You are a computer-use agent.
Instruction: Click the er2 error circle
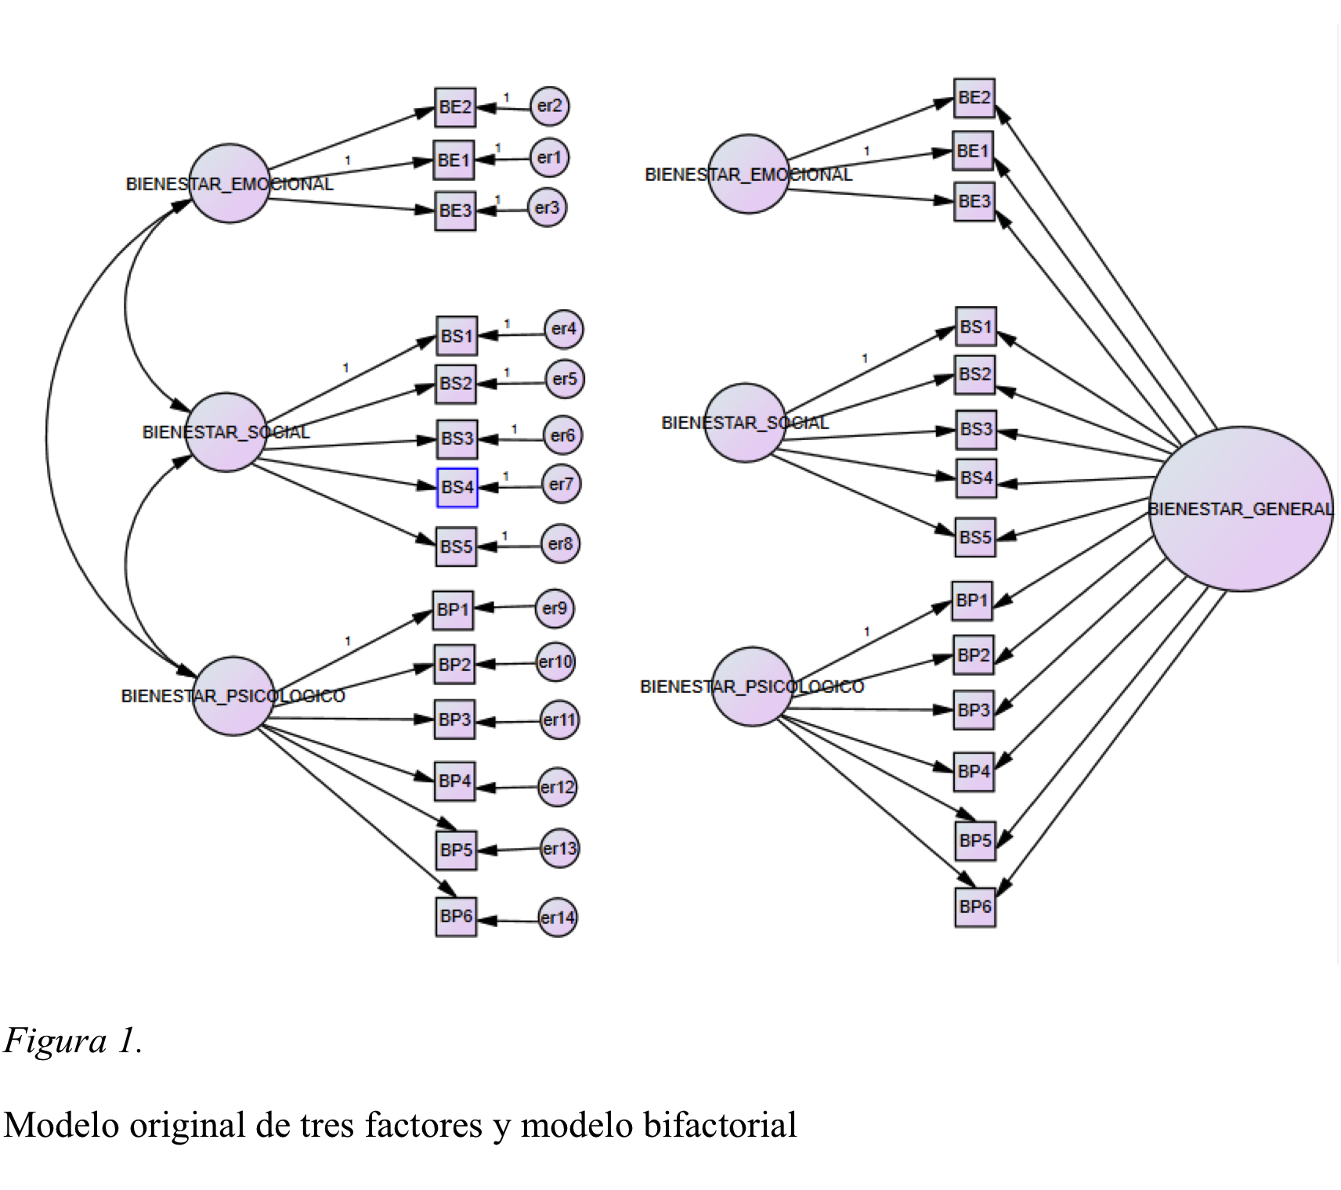click(549, 106)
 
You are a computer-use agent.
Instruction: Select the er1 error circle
click(548, 158)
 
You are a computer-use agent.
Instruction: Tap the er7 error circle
click(561, 485)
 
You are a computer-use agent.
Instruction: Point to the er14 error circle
click(558, 918)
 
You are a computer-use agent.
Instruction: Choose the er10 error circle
click(555, 662)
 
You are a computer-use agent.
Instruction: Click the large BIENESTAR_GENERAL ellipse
click(1241, 509)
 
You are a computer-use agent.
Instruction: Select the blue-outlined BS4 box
click(457, 487)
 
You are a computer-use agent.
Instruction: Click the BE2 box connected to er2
click(455, 107)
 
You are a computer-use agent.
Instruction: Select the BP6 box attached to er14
click(456, 917)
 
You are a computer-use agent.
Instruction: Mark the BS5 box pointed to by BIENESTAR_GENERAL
click(975, 537)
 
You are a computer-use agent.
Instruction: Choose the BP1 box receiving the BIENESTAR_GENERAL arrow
click(972, 600)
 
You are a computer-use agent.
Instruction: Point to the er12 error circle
click(557, 787)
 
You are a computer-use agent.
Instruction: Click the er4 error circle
click(563, 329)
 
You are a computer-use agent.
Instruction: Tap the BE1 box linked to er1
click(454, 160)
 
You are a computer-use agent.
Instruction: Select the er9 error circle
click(555, 608)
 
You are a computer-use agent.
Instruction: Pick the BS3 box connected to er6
click(457, 438)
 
